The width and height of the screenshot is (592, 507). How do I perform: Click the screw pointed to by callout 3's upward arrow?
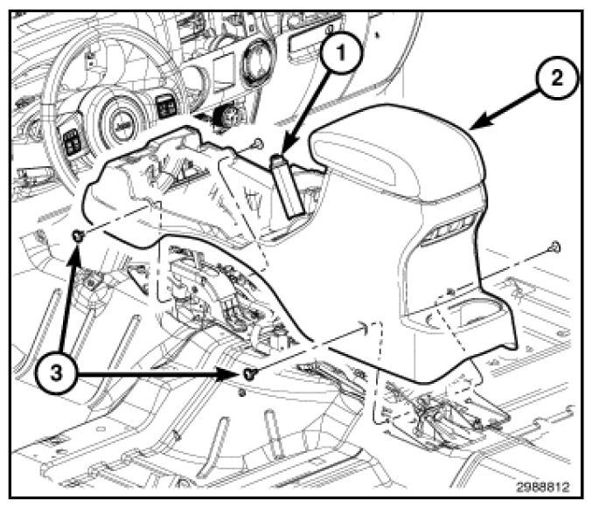click(78, 236)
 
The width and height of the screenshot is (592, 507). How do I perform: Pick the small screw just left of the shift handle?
click(259, 142)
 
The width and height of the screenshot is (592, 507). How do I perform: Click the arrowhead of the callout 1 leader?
click(296, 149)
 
